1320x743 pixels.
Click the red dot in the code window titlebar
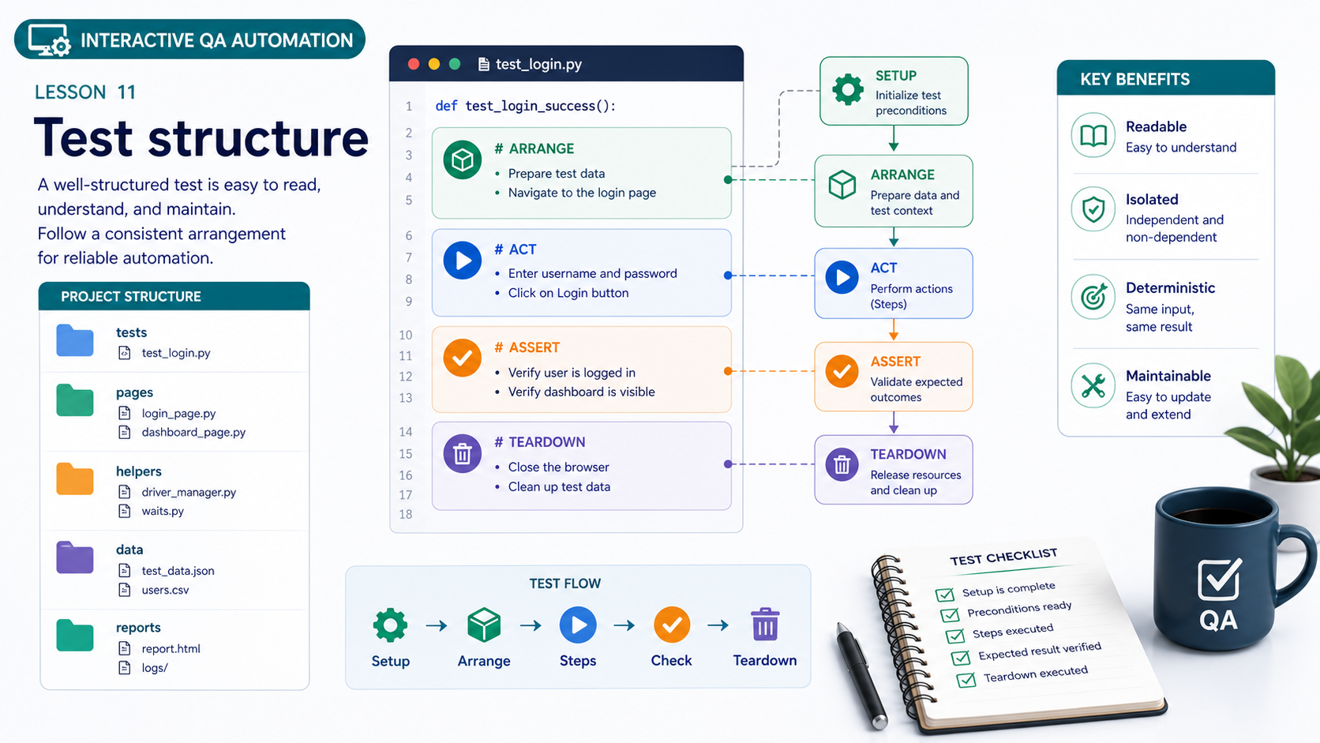tap(414, 64)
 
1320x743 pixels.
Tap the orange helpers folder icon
tap(75, 478)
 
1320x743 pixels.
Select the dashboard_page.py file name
tap(193, 432)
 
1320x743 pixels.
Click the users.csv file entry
tap(165, 590)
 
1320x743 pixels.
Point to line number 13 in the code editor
tap(406, 398)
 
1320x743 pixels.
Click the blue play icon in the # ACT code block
tap(463, 261)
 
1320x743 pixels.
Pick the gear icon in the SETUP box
tap(847, 89)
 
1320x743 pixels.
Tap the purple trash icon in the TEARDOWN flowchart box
tap(842, 464)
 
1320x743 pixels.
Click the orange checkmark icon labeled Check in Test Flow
tap(672, 625)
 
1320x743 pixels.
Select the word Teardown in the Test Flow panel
tap(765, 661)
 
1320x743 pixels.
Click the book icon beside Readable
tap(1093, 136)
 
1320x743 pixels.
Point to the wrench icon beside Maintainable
tap(1093, 386)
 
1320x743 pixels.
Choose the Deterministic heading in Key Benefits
tap(1170, 287)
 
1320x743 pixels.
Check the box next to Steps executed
tap(955, 636)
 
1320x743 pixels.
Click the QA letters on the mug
tap(1218, 620)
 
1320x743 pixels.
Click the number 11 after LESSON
tap(126, 92)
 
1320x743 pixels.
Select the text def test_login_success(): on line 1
tap(526, 106)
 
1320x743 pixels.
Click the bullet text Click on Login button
tap(568, 293)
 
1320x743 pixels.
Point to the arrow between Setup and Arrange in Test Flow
tap(436, 625)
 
